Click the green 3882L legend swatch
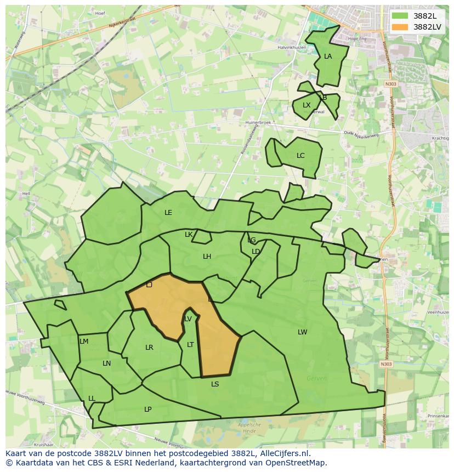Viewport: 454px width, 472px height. [400, 16]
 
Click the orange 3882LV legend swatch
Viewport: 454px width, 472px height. [400, 26]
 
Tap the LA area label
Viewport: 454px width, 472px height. [328, 56]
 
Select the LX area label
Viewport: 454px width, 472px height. [307, 105]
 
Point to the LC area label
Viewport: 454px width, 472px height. [300, 156]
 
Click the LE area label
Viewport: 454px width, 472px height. [168, 213]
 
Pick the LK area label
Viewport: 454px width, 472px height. [189, 235]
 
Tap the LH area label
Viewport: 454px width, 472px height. [207, 257]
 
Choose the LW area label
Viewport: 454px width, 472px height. [303, 332]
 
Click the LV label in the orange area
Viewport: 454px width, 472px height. [188, 319]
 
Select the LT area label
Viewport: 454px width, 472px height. [190, 345]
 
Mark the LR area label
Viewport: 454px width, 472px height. [149, 348]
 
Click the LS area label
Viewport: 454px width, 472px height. [215, 384]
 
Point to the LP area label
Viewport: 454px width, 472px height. [147, 410]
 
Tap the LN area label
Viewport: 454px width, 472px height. [106, 363]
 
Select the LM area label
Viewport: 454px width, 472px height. [84, 342]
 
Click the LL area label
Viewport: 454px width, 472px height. [92, 399]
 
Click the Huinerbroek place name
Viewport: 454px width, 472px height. [258, 123]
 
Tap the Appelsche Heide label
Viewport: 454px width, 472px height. [250, 428]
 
